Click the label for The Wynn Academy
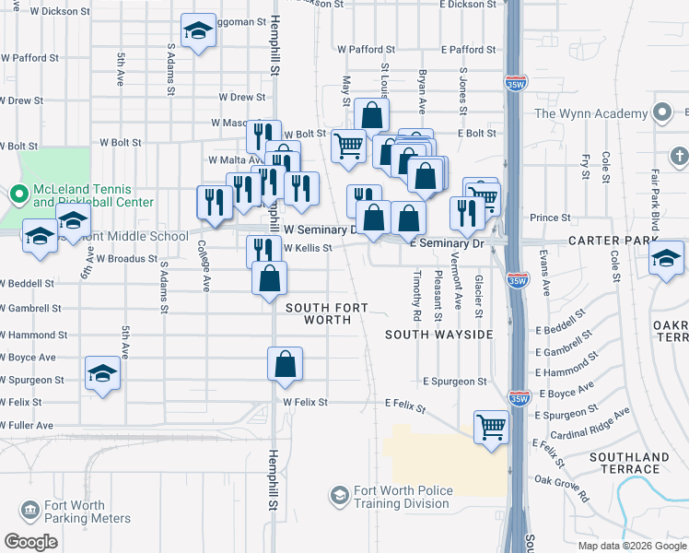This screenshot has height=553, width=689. click(592, 114)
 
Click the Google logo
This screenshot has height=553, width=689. click(30, 541)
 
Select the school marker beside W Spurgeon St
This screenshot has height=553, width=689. click(102, 374)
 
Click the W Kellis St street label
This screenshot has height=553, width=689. click(307, 248)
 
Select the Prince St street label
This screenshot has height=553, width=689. click(551, 218)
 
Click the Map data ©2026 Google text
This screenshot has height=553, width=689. click(631, 546)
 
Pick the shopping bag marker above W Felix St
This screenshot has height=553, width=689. click(286, 363)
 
